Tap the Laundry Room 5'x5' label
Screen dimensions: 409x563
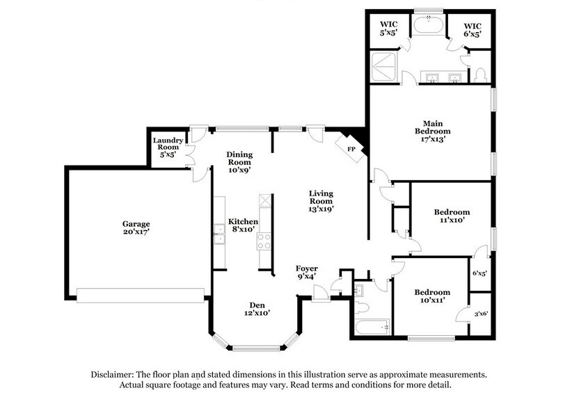[168, 147]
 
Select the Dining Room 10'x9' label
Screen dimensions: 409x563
[239, 161]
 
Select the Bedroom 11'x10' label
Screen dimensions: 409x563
[452, 216]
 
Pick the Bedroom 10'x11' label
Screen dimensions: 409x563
[432, 297]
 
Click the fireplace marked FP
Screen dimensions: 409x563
[352, 147]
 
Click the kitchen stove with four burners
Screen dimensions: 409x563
[265, 241]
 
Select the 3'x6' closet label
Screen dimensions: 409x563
[480, 314]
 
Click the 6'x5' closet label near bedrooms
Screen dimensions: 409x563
[480, 273]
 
